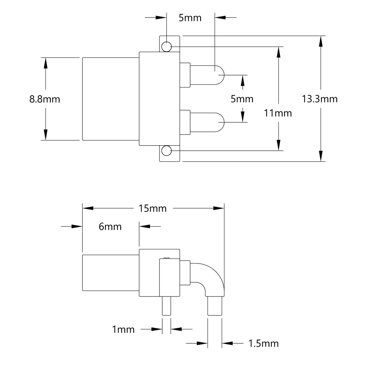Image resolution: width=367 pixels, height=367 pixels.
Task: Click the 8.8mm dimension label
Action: tap(45, 99)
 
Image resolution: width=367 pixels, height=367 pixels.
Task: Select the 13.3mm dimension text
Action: tap(320, 99)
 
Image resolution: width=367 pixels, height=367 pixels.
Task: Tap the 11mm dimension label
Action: tap(278, 113)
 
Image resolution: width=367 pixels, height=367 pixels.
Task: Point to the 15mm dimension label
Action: tap(152, 209)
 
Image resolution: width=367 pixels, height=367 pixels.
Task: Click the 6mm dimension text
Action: tap(110, 227)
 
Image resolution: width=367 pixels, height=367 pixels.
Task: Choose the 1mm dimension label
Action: tap(123, 329)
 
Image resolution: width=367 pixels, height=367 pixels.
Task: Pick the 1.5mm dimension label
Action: tap(263, 344)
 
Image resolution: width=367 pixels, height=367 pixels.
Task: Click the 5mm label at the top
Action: tap(190, 18)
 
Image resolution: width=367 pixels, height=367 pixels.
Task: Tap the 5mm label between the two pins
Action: tap(242, 99)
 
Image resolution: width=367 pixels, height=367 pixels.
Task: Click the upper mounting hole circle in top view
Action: tap(167, 47)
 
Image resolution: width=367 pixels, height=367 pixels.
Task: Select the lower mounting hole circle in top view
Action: tap(167, 151)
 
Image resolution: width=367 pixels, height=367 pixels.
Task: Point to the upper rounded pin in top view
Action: tap(207, 75)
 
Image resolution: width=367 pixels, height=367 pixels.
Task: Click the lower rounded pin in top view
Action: tap(207, 122)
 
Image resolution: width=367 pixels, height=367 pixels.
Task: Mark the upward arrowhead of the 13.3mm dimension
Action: tap(321, 41)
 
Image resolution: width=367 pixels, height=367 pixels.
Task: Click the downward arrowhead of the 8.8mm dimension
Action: tap(45, 135)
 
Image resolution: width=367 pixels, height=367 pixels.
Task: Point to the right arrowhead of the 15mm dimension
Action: tap(219, 208)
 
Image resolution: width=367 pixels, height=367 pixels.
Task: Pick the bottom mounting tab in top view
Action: tap(170, 154)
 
